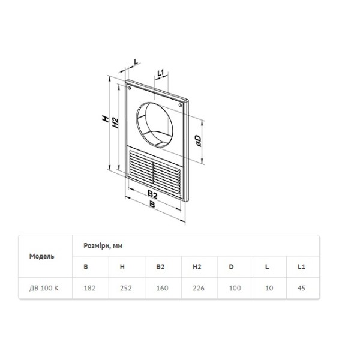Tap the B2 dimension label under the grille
pyautogui.click(x=152, y=194)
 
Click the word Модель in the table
pyautogui.click(x=42, y=256)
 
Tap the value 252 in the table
pyautogui.click(x=126, y=288)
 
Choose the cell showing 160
pyautogui.click(x=161, y=288)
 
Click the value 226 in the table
pyautogui.click(x=197, y=288)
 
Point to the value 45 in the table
pyautogui.click(x=301, y=288)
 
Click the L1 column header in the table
pyautogui.click(x=301, y=266)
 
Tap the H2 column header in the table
pyautogui.click(x=196, y=266)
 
